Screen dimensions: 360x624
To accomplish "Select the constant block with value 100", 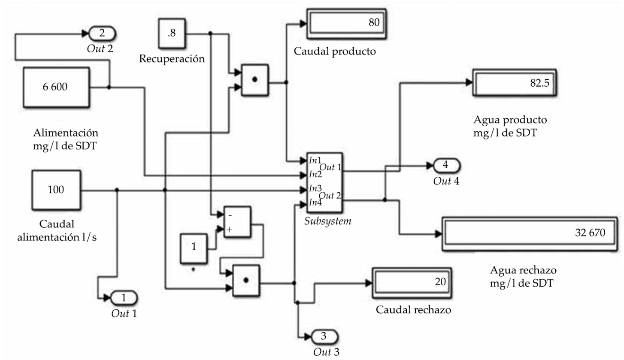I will point(56,189).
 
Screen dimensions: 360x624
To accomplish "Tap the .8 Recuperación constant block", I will point(172,34).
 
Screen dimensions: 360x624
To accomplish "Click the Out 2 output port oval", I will point(102,33).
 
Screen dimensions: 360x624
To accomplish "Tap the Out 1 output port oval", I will point(124,297).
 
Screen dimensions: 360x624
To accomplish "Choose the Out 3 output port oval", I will point(324,336).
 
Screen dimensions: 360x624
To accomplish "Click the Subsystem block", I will point(324,183).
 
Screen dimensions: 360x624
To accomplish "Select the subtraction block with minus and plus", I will point(236,221).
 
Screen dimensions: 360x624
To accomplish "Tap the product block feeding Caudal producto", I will point(255,80).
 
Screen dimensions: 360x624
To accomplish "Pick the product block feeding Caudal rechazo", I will point(246,281).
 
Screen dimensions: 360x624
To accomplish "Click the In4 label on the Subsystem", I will point(314,203).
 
